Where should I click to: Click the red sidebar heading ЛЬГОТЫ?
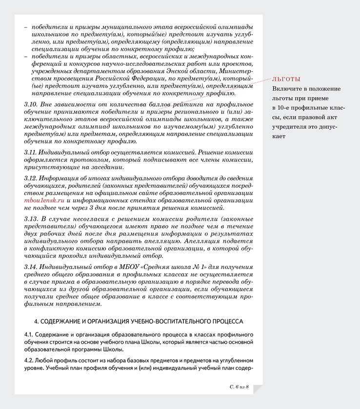click(286, 79)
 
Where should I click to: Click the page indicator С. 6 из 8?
click(239, 387)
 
